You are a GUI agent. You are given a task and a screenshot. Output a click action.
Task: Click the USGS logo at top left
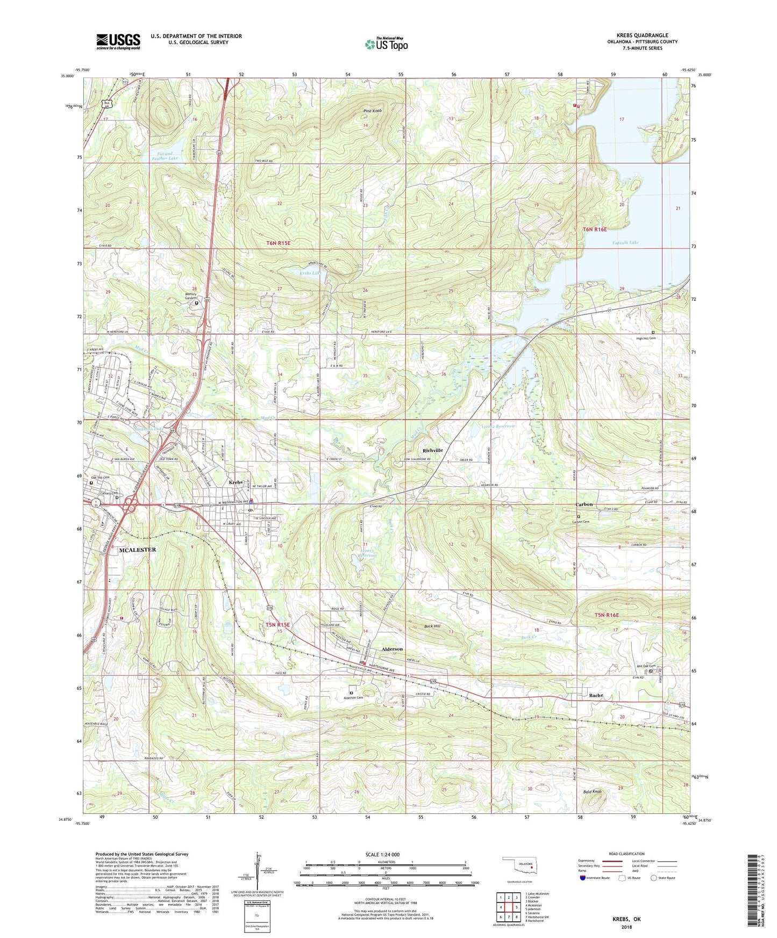[118, 41]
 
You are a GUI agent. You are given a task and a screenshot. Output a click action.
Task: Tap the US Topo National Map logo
[386, 44]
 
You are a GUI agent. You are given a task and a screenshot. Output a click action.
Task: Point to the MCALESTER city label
[137, 550]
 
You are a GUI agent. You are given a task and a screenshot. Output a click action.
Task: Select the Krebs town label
[236, 482]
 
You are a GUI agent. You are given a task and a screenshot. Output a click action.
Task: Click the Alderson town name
[391, 649]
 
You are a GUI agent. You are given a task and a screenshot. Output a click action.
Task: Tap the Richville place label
[432, 450]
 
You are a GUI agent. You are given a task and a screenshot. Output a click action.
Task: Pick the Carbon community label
[583, 504]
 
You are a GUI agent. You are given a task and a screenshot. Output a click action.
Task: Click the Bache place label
[596, 695]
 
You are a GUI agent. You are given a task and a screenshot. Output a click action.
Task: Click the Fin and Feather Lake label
[164, 156]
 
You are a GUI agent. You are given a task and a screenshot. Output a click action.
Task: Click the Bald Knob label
[592, 792]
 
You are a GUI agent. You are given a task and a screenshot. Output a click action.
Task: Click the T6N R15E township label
[278, 243]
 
